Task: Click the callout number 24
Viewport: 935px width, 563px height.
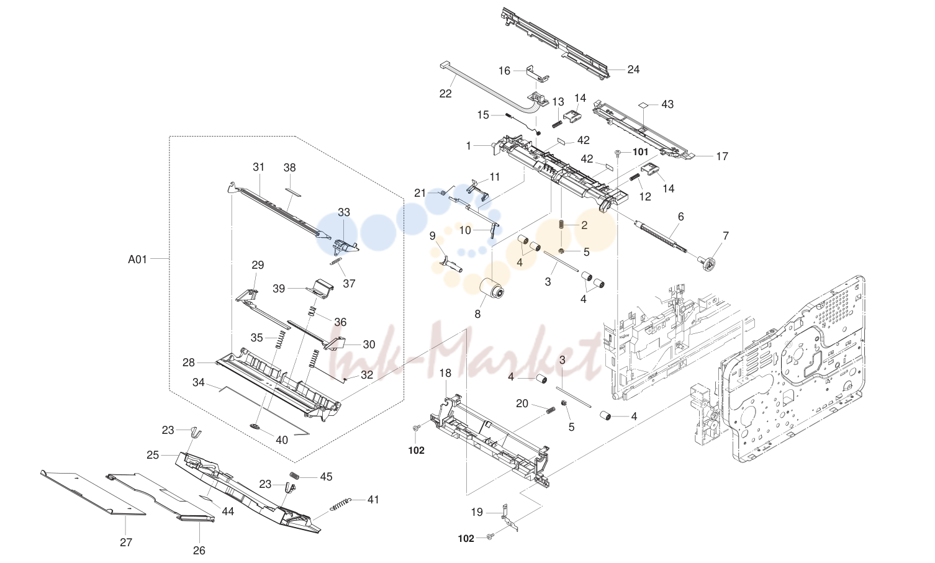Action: click(x=633, y=70)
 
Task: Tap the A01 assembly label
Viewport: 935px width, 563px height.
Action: click(x=137, y=259)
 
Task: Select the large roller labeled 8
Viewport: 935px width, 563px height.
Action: click(x=491, y=292)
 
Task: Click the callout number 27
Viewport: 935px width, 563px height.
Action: click(x=126, y=542)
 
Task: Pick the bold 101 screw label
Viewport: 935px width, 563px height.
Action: click(x=640, y=151)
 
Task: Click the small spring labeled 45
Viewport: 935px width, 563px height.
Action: click(x=295, y=475)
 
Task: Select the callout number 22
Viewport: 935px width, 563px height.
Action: click(x=445, y=94)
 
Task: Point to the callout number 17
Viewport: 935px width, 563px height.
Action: click(x=722, y=156)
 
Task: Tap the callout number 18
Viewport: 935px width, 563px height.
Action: click(x=445, y=373)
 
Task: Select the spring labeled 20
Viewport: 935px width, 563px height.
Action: click(x=551, y=410)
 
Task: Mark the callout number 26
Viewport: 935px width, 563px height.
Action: click(x=199, y=551)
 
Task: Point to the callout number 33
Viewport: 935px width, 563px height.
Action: click(x=344, y=212)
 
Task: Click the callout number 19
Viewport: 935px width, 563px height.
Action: click(x=477, y=512)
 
